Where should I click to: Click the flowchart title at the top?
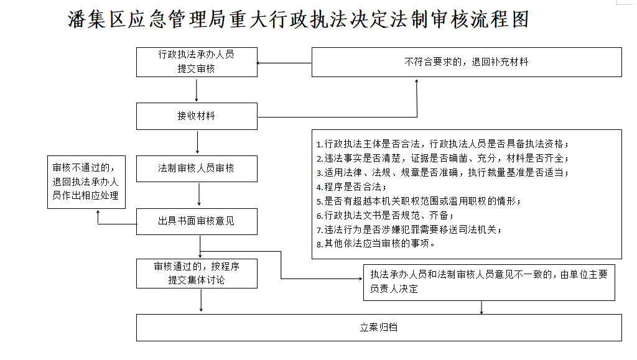(x=298, y=19)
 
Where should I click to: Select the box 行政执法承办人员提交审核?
(x=197, y=62)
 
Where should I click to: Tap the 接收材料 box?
(x=197, y=116)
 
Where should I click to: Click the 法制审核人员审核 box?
(x=197, y=168)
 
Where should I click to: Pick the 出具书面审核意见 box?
(x=197, y=221)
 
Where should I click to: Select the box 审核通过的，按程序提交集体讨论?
(x=197, y=274)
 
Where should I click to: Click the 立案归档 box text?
(x=379, y=328)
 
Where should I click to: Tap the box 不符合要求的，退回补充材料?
(x=467, y=62)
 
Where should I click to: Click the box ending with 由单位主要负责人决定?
(x=489, y=282)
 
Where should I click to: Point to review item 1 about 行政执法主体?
(x=442, y=142)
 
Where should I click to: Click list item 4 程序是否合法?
(x=351, y=186)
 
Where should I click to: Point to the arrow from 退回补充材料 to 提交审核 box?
(x=284, y=63)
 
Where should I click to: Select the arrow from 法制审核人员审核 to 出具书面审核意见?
(x=199, y=195)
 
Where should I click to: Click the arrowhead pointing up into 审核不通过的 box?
(x=98, y=213)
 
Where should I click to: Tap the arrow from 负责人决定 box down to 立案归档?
(x=482, y=307)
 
